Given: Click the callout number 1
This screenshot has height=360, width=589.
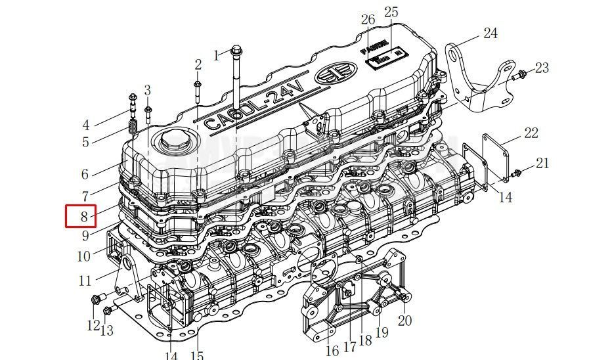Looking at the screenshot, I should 216,55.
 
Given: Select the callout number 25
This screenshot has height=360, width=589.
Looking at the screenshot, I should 391,12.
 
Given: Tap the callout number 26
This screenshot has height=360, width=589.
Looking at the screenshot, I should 368,20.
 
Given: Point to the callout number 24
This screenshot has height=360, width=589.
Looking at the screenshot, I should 491,34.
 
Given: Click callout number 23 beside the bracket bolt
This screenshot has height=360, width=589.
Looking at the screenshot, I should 542,68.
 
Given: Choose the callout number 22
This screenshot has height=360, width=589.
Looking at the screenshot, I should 531,133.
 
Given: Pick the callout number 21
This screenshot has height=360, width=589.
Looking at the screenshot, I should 542,164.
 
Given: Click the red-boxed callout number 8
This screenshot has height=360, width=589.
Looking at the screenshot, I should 83,216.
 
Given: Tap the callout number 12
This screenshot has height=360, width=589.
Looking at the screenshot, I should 93,325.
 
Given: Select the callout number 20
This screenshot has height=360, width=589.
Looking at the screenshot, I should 404,321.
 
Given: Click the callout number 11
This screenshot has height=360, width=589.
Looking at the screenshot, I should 85,281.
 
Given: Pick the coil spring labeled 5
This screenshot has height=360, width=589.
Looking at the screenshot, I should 133,125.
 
